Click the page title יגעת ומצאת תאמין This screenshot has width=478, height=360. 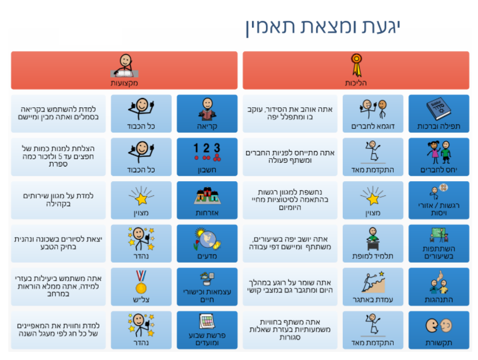[x=323, y=27]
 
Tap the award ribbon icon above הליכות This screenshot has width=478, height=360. [x=356, y=66]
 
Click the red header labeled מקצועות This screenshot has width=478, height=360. [x=124, y=70]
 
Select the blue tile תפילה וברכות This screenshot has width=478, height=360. [x=438, y=114]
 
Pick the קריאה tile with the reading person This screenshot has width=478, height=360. [x=207, y=114]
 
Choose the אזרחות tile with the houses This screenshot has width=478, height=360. [x=207, y=200]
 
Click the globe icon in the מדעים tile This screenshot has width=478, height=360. [x=207, y=239]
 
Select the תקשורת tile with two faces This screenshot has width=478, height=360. [x=438, y=330]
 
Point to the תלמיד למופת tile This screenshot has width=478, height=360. [x=373, y=244]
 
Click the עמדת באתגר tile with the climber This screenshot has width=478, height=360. [x=373, y=287]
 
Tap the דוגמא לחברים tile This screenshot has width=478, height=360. [x=373, y=114]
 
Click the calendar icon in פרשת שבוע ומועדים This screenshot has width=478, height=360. [x=207, y=322]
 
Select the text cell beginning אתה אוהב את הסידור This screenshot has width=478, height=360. [x=290, y=114]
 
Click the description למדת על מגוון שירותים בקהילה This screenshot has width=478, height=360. [x=58, y=199]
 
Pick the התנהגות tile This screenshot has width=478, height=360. [x=438, y=287]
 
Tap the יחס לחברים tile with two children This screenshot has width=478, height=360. [x=438, y=157]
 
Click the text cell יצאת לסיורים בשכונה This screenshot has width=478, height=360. [x=58, y=244]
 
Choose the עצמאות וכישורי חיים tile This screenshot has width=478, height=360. [x=207, y=287]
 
